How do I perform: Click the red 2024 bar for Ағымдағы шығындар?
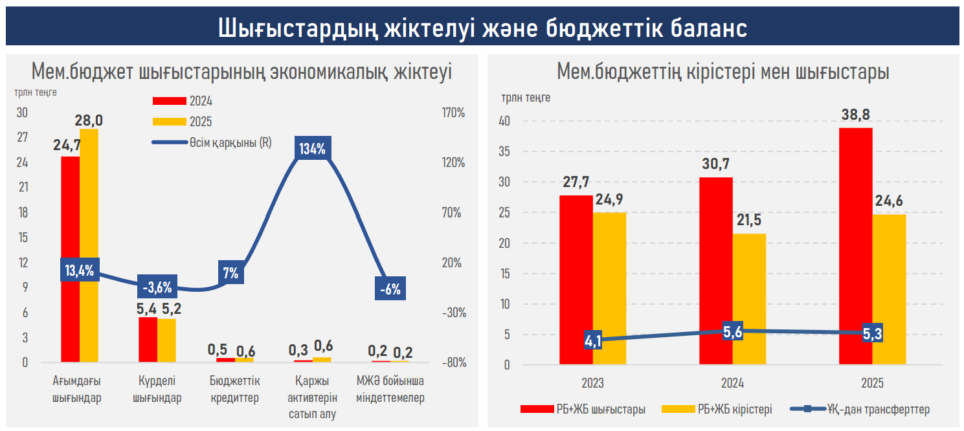[x=70, y=259]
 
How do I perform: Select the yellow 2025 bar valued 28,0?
[x=89, y=246]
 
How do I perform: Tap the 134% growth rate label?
[x=312, y=149]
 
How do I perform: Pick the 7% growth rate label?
[x=230, y=273]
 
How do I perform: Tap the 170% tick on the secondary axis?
[x=453, y=113]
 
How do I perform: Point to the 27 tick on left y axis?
[x=23, y=137]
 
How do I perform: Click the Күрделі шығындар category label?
[x=157, y=390]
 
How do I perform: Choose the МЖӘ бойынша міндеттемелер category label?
[x=390, y=390]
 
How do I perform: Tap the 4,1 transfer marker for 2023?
[x=593, y=340]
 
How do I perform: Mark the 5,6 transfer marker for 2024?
[x=732, y=331]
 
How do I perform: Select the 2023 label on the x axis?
[x=592, y=383]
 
